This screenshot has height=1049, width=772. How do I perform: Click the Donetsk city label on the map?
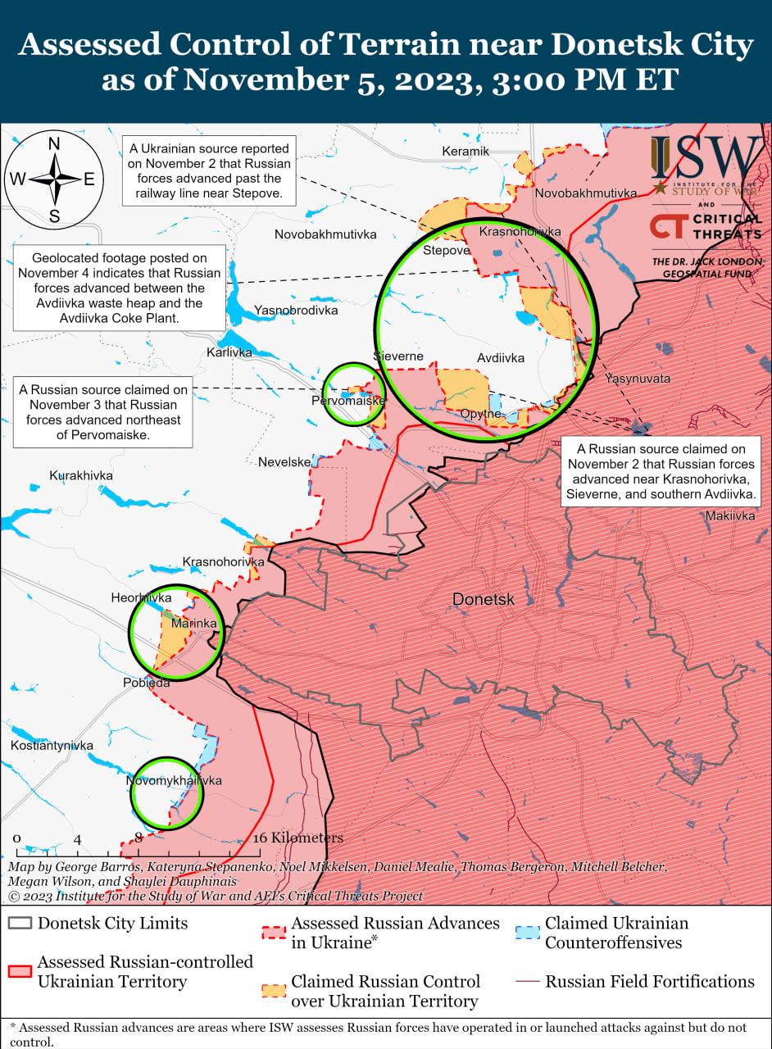[x=484, y=600]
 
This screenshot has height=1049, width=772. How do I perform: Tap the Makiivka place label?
[x=730, y=515]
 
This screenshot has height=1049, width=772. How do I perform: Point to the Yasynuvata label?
[x=638, y=379]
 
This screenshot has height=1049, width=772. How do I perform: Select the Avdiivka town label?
[x=500, y=358]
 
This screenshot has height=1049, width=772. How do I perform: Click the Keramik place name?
[x=465, y=152]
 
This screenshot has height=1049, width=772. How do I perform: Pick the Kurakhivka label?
[x=81, y=475]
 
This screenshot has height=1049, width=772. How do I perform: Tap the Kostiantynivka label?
[x=52, y=746]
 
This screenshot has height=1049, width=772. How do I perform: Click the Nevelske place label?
[x=284, y=462]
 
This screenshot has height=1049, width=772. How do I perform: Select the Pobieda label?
[x=147, y=683]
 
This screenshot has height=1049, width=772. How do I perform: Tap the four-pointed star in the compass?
[x=54, y=179]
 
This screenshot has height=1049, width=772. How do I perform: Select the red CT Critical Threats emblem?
[x=668, y=227]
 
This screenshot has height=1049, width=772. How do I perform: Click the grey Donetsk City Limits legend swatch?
[x=20, y=924]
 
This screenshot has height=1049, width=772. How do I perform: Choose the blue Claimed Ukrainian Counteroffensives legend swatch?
[x=529, y=933]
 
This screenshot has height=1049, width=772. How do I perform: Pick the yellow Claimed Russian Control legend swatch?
[x=275, y=991]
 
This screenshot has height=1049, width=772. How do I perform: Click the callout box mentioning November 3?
[x=103, y=412]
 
